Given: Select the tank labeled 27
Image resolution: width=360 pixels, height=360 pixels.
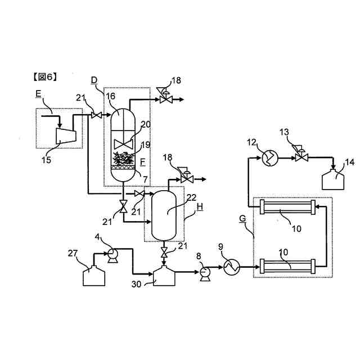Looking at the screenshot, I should click(94, 276).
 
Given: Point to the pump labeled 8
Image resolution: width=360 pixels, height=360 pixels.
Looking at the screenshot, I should click(204, 273).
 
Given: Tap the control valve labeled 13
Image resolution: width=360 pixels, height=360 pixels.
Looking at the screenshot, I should click(300, 157).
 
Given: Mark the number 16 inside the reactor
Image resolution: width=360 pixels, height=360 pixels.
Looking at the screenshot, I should click(111, 97).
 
